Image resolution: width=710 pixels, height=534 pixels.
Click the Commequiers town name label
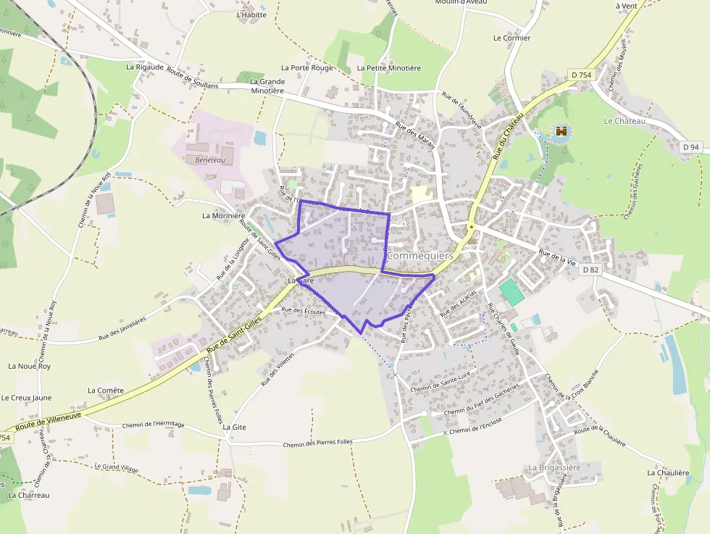[x=420, y=256]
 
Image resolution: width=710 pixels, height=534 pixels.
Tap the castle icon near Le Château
[x=561, y=132]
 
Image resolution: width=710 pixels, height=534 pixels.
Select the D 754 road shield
[x=581, y=75]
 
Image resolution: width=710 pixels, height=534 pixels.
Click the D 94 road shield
[x=691, y=147]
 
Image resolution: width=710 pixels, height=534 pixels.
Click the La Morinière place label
[x=224, y=216]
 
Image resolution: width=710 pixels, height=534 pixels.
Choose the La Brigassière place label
[x=555, y=467]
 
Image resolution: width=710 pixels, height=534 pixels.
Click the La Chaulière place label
[x=668, y=472]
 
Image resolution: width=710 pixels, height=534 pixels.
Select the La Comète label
[x=106, y=390]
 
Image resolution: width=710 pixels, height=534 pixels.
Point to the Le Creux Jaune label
[x=27, y=398]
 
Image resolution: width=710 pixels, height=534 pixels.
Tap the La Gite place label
[x=235, y=427]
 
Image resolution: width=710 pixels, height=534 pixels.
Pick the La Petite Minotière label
[x=389, y=68]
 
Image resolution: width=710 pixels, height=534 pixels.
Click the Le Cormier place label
[x=511, y=38]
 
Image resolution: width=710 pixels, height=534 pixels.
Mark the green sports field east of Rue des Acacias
[x=512, y=291]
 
